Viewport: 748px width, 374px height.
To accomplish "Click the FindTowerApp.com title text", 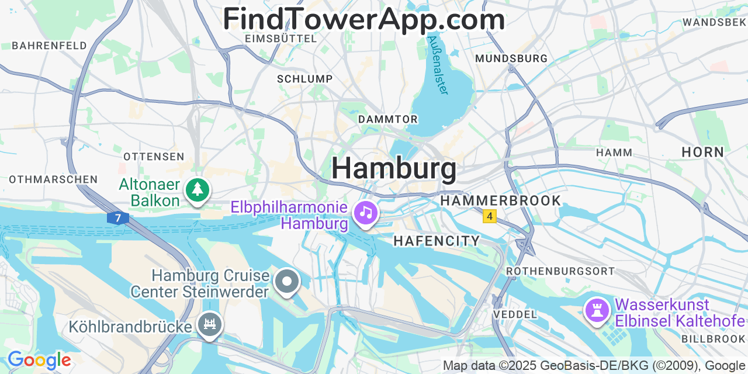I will click(363, 19).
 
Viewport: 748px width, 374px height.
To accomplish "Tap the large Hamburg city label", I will click(394, 168).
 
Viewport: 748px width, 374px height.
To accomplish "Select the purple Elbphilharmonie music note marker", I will click(366, 212).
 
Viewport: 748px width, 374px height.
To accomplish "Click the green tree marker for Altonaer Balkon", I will click(198, 189).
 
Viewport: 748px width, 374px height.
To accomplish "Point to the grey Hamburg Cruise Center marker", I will click(286, 282).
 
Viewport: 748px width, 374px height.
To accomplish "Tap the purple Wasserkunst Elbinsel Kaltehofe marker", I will click(597, 309).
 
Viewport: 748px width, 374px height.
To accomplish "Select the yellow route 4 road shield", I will click(489, 216).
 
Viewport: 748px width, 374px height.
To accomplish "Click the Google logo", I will click(39, 360).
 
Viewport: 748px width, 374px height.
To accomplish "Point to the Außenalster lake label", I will click(438, 65).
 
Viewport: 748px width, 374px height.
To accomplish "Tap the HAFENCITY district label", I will click(437, 241).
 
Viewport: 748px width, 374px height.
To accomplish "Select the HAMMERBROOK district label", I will click(500, 200).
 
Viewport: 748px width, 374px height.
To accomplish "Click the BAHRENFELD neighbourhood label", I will click(49, 46).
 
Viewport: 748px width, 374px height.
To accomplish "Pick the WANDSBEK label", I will click(714, 22).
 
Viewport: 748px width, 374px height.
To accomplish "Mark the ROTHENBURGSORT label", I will click(560, 271).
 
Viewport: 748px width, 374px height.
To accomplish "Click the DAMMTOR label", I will click(388, 119).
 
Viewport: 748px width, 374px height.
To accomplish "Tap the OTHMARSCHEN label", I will click(53, 179).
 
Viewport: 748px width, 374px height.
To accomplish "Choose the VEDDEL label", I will click(515, 314).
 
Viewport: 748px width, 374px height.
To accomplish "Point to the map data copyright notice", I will click(594, 366).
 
